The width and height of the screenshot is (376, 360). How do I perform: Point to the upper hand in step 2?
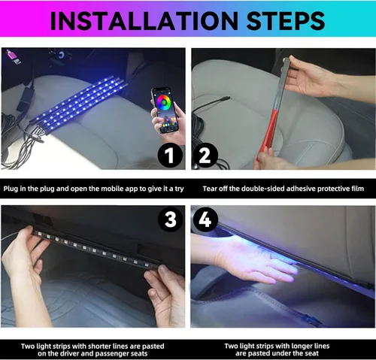(x=308, y=79)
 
